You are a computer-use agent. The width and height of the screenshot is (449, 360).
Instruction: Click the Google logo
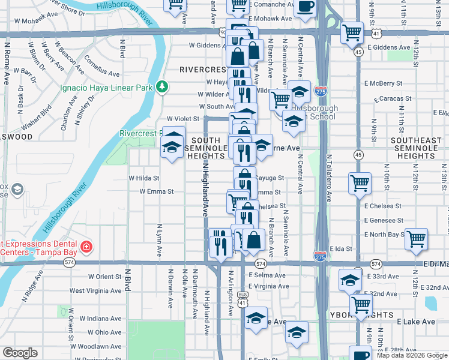point(20,353)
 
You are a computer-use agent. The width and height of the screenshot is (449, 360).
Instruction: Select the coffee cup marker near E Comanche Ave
point(305,7)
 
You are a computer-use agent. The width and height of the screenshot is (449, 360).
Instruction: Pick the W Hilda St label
point(144,178)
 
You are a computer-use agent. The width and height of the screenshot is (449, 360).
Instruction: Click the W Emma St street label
point(156,192)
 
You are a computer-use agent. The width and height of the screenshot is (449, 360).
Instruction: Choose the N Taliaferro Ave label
point(330,178)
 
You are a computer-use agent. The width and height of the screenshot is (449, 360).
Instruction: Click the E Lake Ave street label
point(416,322)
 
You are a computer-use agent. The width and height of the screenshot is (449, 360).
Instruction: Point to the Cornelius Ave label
point(94,65)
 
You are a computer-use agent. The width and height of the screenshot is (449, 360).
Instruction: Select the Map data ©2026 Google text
point(412,355)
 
